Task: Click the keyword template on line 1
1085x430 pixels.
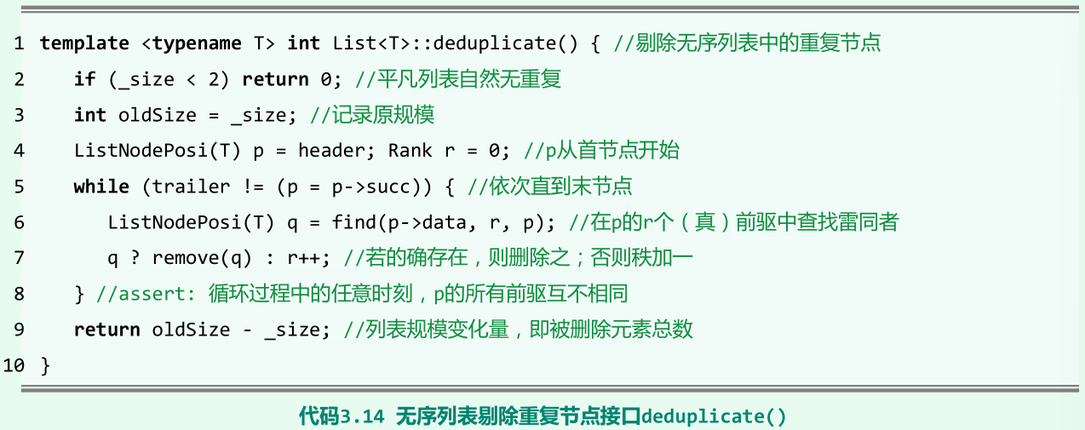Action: pyautogui.click(x=84, y=43)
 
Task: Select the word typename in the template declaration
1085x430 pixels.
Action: pyautogui.click(x=197, y=43)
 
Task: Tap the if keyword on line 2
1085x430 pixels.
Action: pyautogui.click(x=84, y=79)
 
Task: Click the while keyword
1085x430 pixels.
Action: pyautogui.click(x=101, y=186)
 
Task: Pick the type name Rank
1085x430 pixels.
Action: pyautogui.click(x=410, y=151)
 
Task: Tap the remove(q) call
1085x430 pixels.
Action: pyautogui.click(x=191, y=258)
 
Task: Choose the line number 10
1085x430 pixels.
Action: pyautogui.click(x=14, y=365)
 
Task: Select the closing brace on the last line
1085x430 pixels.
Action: pyautogui.click(x=46, y=365)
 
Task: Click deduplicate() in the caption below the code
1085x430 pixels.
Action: pyautogui.click(x=714, y=416)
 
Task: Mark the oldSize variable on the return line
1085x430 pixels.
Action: pyautogui.click(x=191, y=330)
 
